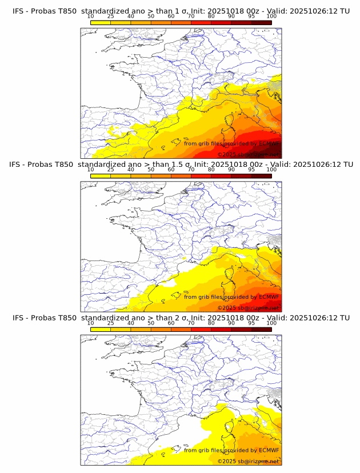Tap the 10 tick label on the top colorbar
point(90,17)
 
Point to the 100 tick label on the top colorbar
point(271,17)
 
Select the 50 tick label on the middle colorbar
point(151,170)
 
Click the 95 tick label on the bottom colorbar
point(251,323)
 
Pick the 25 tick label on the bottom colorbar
point(110,323)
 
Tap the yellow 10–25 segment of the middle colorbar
point(101,175)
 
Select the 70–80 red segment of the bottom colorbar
point(201,328)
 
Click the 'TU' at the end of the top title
point(345,11)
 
